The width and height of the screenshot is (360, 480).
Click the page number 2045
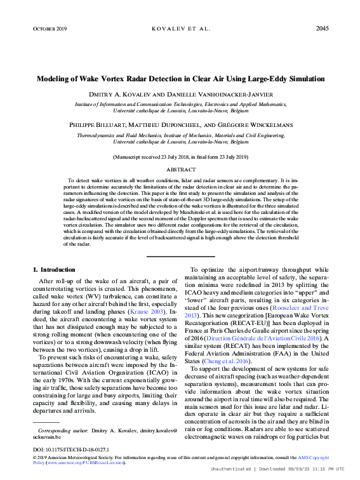[x=321, y=29]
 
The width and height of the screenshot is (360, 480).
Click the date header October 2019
[x=49, y=29]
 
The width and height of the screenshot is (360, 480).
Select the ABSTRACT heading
[x=180, y=170]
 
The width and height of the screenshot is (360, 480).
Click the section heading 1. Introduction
[x=53, y=269]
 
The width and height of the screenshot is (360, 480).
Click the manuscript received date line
[x=180, y=156]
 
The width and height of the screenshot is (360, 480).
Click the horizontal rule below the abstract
[x=180, y=256]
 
